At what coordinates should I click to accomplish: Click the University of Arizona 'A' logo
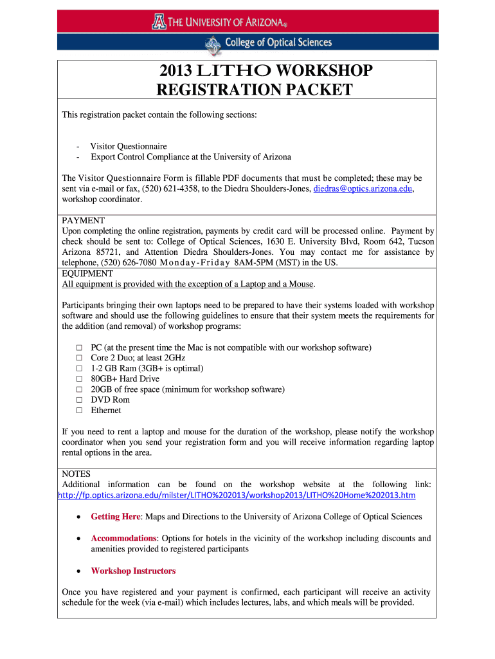(x=159, y=23)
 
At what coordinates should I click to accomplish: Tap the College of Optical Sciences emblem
(x=212, y=44)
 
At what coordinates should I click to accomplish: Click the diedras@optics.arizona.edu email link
(x=363, y=189)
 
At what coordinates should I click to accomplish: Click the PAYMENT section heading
(x=83, y=220)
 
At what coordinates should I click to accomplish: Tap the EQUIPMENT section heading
(x=87, y=274)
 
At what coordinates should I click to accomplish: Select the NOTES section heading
(x=76, y=474)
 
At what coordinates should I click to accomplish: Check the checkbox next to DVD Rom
(x=80, y=400)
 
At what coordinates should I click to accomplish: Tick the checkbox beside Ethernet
(x=80, y=411)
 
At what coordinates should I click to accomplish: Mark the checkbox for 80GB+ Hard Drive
(x=80, y=379)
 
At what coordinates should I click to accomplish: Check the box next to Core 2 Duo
(x=80, y=358)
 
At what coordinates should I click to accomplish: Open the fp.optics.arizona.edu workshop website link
(x=237, y=495)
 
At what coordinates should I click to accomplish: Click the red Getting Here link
(x=115, y=517)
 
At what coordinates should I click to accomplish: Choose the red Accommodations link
(x=123, y=538)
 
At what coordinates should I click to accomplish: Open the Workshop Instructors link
(x=133, y=571)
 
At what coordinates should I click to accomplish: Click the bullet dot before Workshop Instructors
(x=78, y=571)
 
